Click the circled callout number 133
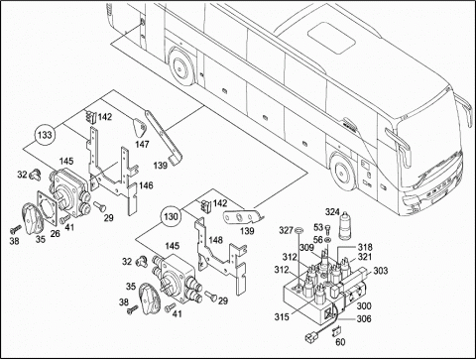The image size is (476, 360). coord(45,135)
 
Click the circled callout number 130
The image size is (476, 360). coord(171,217)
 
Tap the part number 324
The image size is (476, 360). coord(332,211)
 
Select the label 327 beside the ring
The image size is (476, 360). coord(286,230)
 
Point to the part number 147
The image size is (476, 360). coord(142,144)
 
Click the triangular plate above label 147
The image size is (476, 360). coord(139,127)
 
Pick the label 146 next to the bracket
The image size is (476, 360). coord(146,185)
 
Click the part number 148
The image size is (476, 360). coord(215,240)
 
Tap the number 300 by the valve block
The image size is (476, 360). coord(364,305)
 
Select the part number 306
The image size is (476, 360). coord(364,318)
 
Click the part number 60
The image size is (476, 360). coord(340,342)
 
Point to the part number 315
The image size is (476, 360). coord(282,316)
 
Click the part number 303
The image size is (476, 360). coord(381,271)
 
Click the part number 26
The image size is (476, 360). coord(55,233)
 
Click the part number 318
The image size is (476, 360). coord(365,247)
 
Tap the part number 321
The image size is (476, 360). coord(365,257)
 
